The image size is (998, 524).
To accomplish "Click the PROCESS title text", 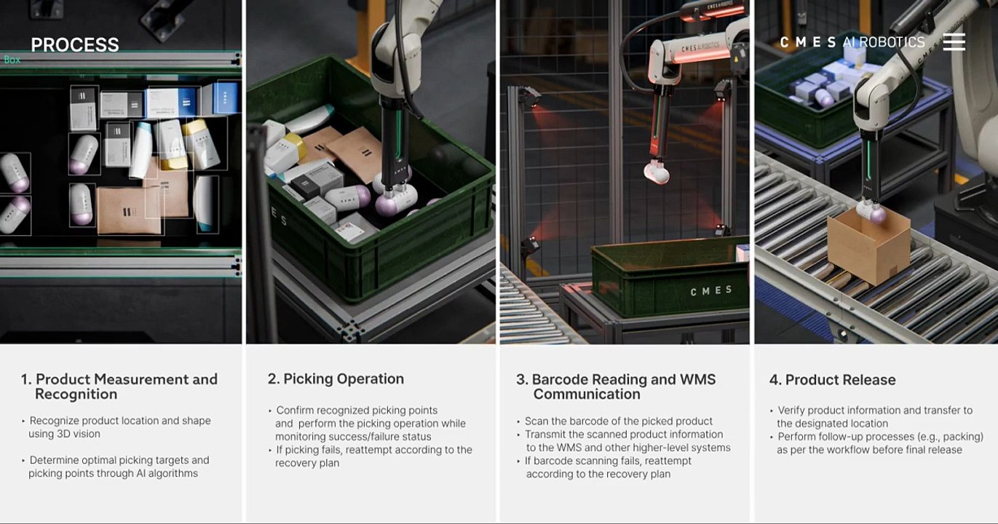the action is (75, 44).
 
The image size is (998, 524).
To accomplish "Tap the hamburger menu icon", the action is (954, 42).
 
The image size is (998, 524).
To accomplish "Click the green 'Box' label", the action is (12, 60).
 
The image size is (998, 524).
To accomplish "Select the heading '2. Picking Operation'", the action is (336, 378).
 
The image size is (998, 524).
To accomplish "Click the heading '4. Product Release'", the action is (832, 380).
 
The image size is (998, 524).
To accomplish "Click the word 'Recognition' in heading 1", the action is (76, 394).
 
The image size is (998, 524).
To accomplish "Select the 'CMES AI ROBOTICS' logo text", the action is (852, 42).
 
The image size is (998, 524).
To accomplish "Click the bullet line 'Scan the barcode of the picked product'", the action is (619, 421).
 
